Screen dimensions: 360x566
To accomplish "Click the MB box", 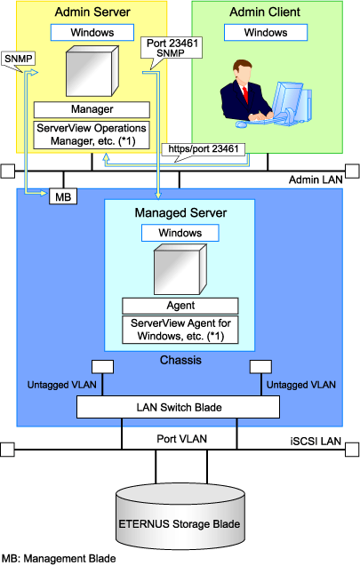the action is pos(63,196).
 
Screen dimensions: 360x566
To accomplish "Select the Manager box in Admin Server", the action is pos(92,109).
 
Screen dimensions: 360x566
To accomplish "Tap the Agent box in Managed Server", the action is pos(180,306).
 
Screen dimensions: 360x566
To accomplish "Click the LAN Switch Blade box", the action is pos(178,407).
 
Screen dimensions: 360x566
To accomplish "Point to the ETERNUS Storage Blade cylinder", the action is pos(180,517).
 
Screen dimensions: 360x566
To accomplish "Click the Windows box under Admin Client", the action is pos(266,33).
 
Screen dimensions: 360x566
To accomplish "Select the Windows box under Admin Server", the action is pos(92,33).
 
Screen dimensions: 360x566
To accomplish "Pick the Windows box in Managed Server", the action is pos(180,233).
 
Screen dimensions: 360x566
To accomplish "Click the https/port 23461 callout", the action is pos(204,149).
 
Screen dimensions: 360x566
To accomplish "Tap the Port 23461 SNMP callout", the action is pos(172,48).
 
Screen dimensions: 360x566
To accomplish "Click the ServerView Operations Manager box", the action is pos(92,135).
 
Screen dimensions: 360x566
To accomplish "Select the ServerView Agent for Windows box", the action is pos(180,330).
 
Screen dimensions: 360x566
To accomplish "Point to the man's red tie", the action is pos(245,94).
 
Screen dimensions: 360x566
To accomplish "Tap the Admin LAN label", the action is pos(316,179).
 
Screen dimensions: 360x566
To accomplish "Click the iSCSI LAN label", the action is pos(316,441).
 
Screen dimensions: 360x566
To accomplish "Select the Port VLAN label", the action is pos(181,439).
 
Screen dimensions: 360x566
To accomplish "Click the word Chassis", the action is pos(180,360).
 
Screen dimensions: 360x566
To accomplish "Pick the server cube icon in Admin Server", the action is pos(92,71).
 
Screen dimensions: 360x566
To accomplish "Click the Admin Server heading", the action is pos(92,12).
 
